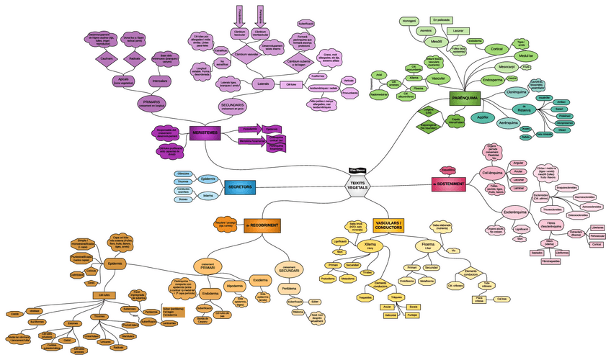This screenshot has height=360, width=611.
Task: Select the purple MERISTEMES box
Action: coord(205,131)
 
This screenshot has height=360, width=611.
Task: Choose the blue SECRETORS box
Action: coord(240,187)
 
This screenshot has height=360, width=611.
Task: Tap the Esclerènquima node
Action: coord(514,212)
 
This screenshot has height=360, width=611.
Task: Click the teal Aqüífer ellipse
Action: coord(483,115)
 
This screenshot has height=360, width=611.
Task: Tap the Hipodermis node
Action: coord(235,286)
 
